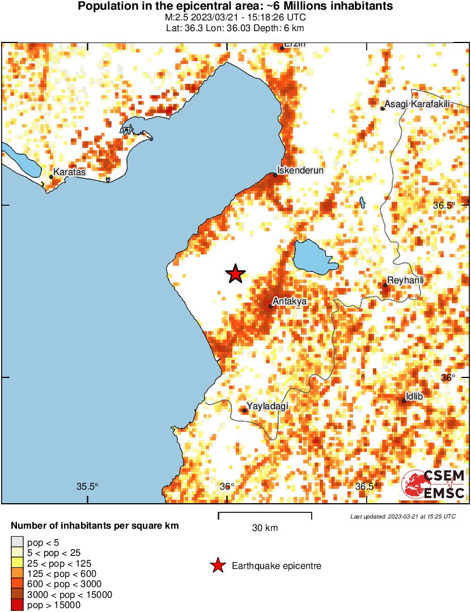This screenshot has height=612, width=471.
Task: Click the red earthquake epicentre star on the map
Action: click(x=235, y=274)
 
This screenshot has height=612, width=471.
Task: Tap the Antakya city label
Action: click(x=289, y=301)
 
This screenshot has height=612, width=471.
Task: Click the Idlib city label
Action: click(x=414, y=396)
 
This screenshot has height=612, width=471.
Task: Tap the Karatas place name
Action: click(x=70, y=172)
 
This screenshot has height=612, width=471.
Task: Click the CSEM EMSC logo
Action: click(x=434, y=484)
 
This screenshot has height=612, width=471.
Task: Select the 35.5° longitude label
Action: click(x=87, y=486)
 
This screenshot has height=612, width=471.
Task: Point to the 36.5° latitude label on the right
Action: click(x=444, y=205)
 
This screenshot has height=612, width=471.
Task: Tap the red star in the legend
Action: click(x=217, y=565)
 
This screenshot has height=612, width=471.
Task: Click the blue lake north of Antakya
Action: click(x=313, y=257)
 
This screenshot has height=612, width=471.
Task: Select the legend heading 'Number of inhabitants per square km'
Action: click(x=95, y=526)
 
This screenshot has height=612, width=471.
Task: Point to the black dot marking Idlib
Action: click(x=404, y=401)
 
